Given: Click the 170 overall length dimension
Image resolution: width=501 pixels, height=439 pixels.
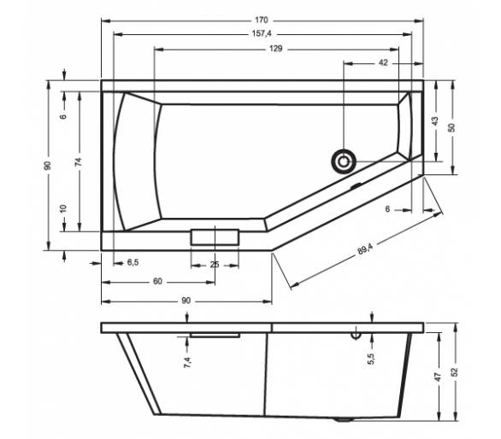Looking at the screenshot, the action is pos(261,20).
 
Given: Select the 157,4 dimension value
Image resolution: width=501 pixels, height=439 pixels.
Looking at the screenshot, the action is pos(262,33).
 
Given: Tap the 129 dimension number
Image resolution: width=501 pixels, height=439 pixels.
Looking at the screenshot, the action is pos(276,49).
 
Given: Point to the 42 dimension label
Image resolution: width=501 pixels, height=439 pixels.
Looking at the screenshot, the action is pos(383,63).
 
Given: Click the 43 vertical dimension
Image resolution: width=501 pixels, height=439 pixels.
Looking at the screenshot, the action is pos(435,121).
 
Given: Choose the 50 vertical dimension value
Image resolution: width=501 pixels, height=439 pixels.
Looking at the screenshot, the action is pos(451,128).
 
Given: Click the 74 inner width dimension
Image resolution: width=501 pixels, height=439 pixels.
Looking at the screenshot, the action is pos(79,161).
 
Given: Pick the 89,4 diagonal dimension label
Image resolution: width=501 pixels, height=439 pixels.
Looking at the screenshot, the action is pos(365,249).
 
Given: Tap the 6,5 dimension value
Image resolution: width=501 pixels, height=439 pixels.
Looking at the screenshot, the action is pos(133,262).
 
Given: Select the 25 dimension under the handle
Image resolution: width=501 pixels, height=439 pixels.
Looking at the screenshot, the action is pos(215,265).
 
